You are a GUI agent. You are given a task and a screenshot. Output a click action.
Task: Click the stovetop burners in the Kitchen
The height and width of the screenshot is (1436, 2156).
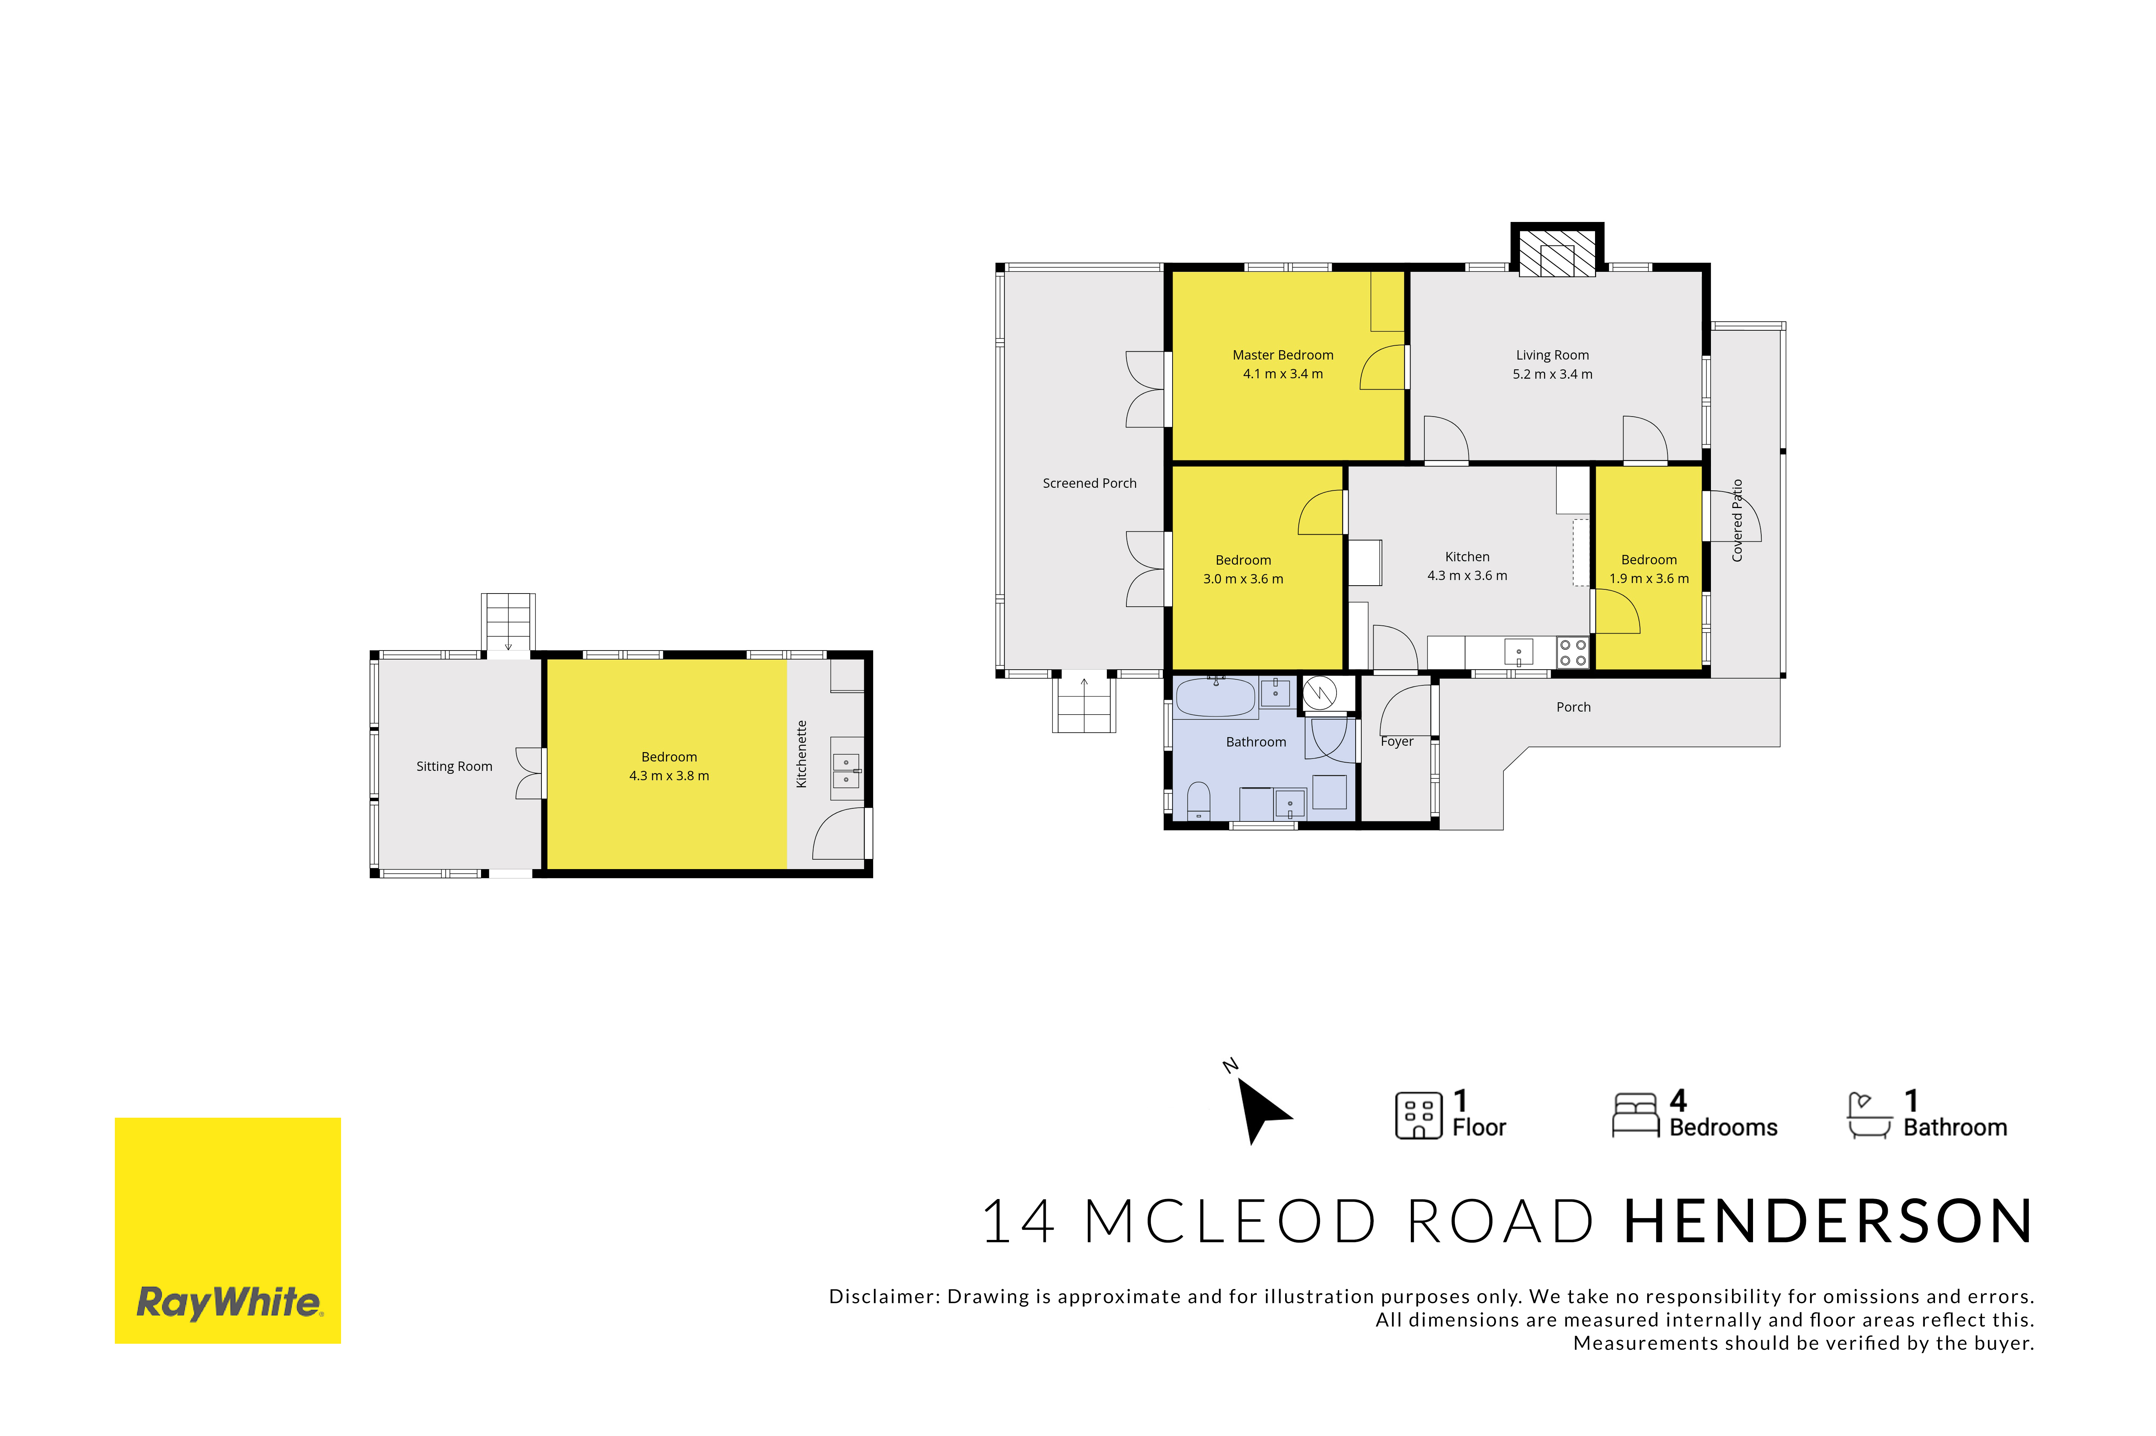click(1572, 652)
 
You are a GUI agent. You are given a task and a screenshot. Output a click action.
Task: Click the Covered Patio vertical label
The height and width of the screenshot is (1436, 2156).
click(1737, 520)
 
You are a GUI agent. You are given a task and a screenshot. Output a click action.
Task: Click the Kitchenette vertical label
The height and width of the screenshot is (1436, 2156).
click(801, 754)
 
